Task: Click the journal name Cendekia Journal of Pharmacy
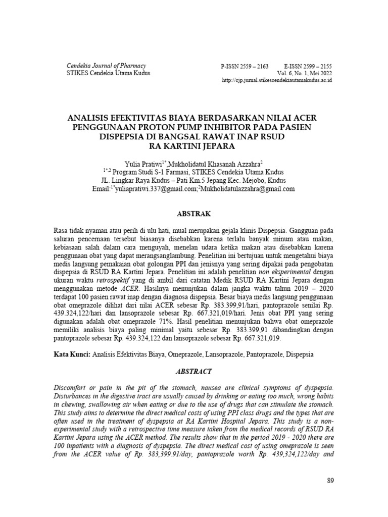106,66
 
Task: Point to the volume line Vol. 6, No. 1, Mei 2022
302,73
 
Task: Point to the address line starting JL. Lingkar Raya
193,180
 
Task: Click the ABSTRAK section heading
193,214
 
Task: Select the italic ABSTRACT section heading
193,371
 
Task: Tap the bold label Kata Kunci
72,355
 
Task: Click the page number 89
330,481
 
